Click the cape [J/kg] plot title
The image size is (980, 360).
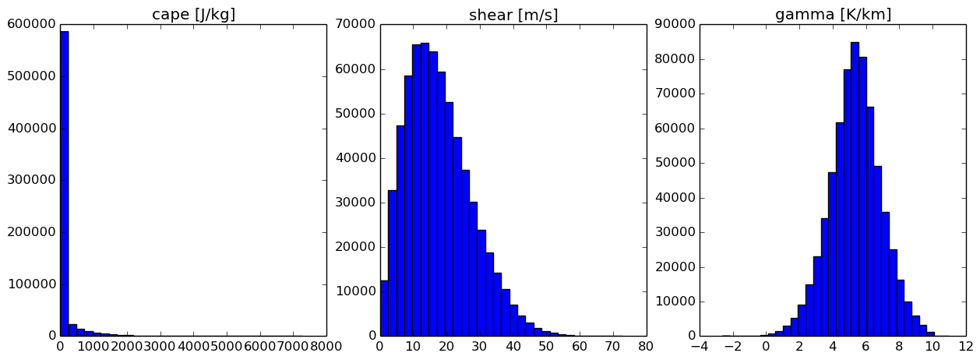point(193,15)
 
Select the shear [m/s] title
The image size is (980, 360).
point(513,15)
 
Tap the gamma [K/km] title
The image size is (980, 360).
point(833,15)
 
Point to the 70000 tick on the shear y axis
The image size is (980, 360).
point(355,24)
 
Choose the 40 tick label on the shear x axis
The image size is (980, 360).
point(513,347)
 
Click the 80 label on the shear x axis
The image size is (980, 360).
point(646,347)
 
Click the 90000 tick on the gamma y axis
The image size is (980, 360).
point(675,24)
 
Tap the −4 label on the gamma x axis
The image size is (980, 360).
point(699,347)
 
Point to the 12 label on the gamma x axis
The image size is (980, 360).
point(966,347)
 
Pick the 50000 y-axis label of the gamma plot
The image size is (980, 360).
point(675,163)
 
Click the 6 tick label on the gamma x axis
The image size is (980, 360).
point(866,347)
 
